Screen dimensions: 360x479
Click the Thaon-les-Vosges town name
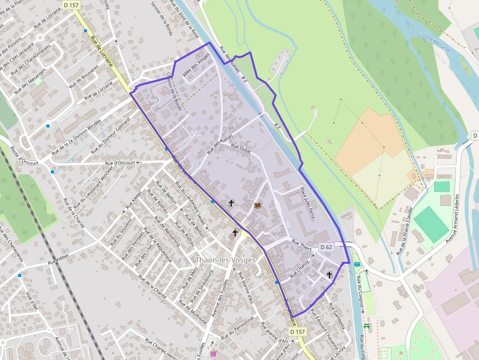click(x=225, y=259)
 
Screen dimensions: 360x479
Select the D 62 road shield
click(x=327, y=247)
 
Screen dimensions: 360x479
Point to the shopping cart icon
click(x=214, y=353)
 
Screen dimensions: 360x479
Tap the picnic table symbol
click(x=367, y=326)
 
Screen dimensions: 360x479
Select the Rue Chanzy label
click(x=300, y=269)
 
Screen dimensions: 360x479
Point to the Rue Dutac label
click(x=240, y=148)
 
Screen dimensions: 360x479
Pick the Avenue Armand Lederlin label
click(x=453, y=218)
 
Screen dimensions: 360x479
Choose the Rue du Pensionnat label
click(x=238, y=328)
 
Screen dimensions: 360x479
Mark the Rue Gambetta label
click(x=336, y=316)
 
